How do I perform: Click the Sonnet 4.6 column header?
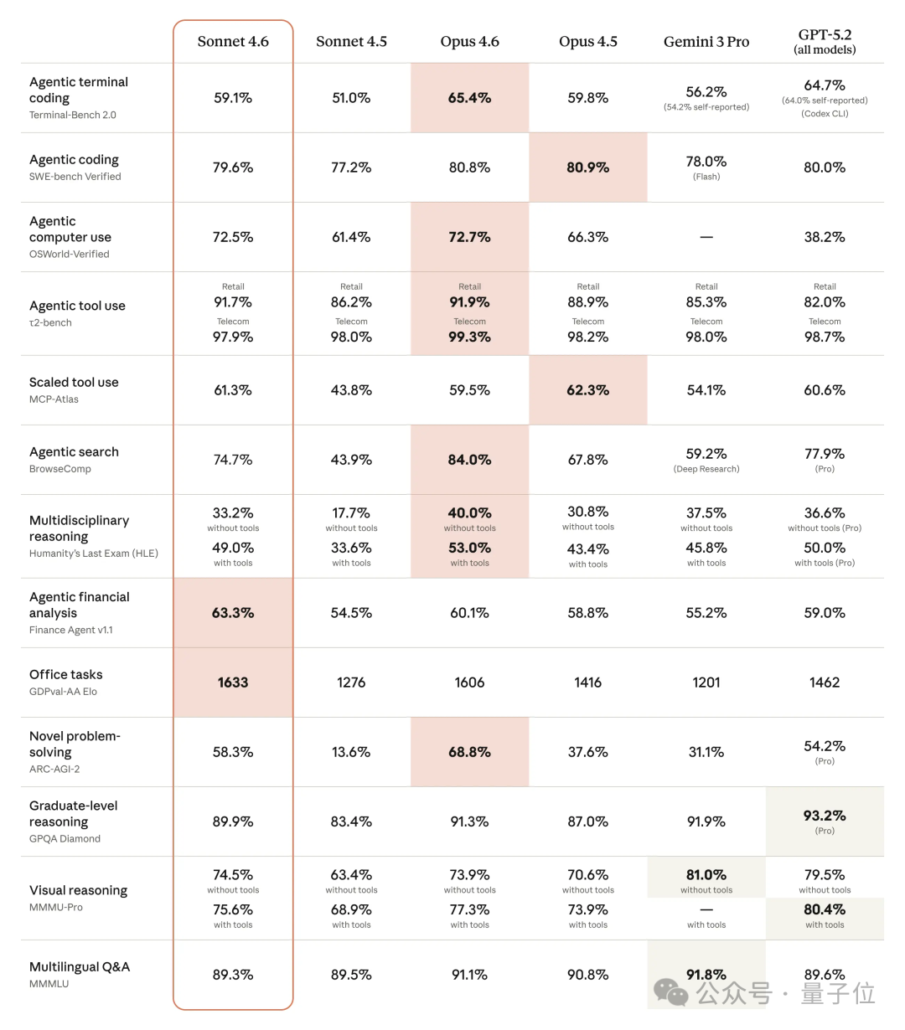click(233, 42)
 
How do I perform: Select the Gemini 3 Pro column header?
click(706, 42)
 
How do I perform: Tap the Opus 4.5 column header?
click(588, 42)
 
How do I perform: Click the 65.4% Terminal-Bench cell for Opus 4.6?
click(470, 98)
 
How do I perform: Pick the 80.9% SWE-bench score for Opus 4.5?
click(588, 167)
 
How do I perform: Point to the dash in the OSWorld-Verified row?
click(706, 237)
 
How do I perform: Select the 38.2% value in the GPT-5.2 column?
click(825, 237)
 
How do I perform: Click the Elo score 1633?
click(233, 682)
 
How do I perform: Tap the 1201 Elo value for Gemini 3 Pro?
click(706, 682)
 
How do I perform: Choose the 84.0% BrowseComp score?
click(470, 460)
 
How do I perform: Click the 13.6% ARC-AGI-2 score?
click(351, 752)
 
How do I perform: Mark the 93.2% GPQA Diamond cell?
click(825, 816)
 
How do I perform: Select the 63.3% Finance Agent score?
click(233, 613)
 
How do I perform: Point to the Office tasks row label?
click(66, 675)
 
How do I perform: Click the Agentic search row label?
click(74, 452)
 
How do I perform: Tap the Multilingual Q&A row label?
click(80, 967)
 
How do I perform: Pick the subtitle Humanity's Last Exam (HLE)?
click(94, 554)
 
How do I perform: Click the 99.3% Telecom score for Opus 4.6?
click(470, 337)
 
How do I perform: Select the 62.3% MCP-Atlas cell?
click(588, 390)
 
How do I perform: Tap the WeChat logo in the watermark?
click(671, 993)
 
